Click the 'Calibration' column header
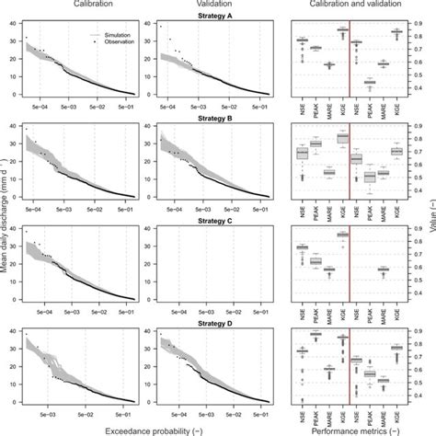[x=77, y=6]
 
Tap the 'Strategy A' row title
[x=217, y=15]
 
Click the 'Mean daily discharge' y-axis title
[x=6, y=216]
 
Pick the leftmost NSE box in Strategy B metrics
[x=302, y=154]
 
